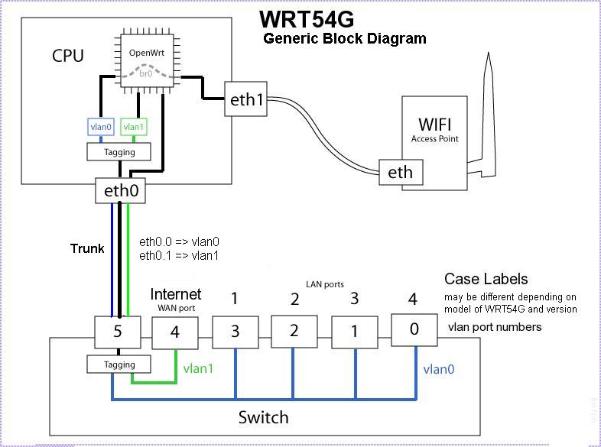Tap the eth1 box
point(246,99)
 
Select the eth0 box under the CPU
point(121,191)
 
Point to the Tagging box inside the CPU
point(119,152)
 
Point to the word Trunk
point(86,248)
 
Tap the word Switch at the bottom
point(264,417)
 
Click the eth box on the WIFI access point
point(400,173)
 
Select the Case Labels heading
point(486,279)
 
